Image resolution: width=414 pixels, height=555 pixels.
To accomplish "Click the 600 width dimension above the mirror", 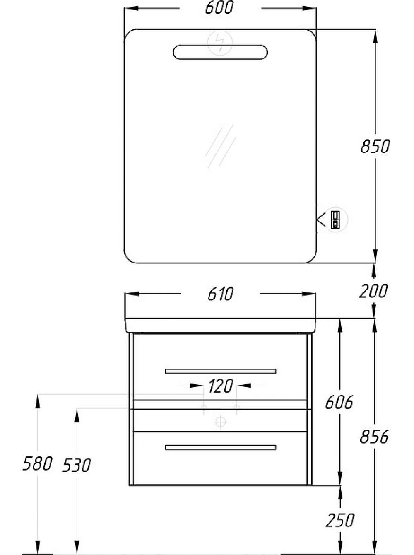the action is coord(219,8).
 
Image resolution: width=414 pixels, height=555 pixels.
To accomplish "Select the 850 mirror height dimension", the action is coord(375,146).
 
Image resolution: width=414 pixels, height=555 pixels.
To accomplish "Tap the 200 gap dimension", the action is coord(373,291).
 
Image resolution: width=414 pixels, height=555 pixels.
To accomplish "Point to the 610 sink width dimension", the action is coord(220,294).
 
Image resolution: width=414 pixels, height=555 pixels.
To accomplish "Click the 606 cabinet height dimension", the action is coord(339,402).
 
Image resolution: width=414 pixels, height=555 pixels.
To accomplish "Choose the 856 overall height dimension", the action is coord(374,437).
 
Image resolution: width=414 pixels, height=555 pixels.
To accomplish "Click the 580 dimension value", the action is coord(37,464).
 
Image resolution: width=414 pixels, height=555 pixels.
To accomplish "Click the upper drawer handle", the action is coord(220,371).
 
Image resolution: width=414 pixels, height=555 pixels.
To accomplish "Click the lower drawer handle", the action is coord(220,448).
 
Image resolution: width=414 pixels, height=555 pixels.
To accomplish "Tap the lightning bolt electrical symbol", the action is coord(220,43).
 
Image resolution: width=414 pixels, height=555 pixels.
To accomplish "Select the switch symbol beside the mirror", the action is coord(336,220).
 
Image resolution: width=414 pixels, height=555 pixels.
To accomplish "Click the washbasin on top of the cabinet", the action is coord(220,326).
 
